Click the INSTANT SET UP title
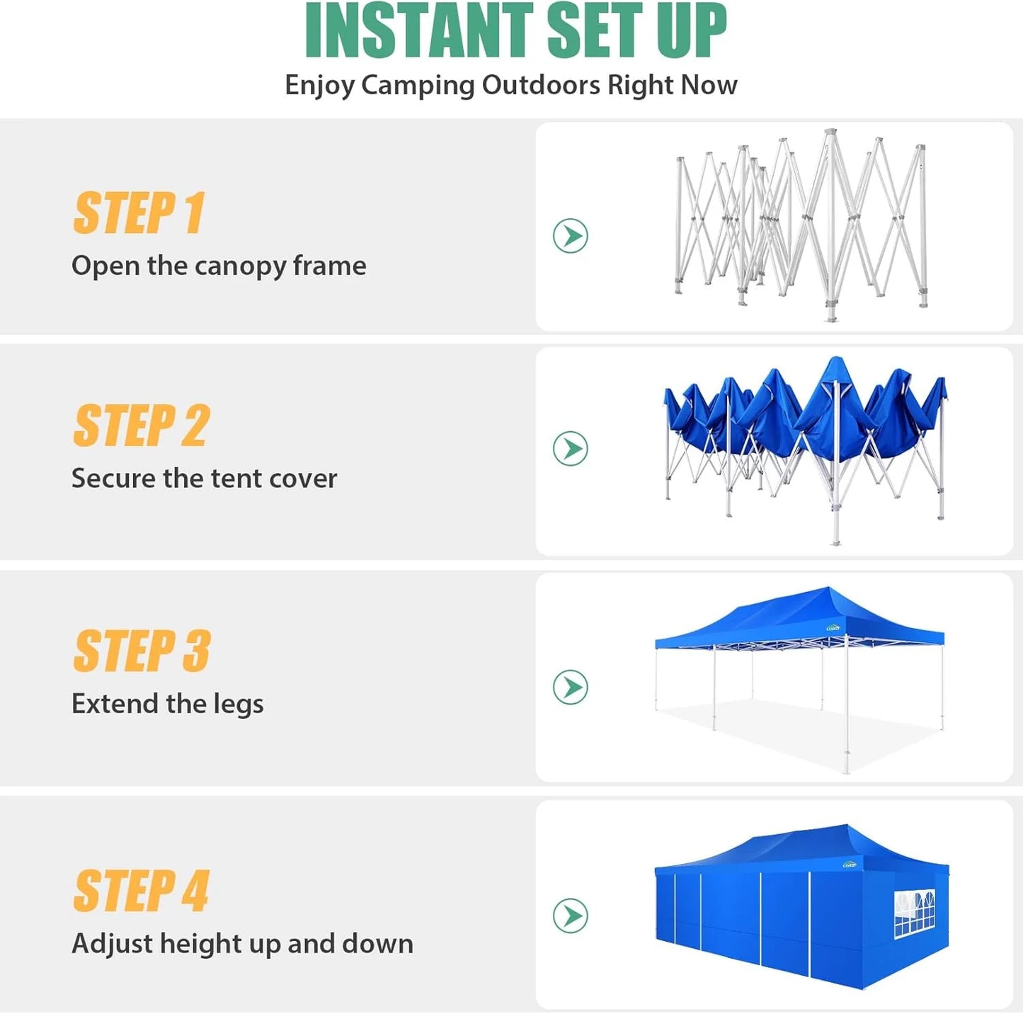click(515, 31)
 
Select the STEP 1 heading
click(139, 212)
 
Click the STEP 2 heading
click(142, 426)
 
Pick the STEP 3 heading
click(142, 651)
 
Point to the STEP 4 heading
click(142, 891)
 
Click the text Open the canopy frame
click(219, 266)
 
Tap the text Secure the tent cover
click(204, 479)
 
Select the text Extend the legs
click(167, 704)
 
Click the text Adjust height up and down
click(242, 944)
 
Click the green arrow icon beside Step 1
click(570, 236)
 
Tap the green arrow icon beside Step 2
click(570, 448)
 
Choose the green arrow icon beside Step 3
click(570, 687)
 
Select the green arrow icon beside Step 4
click(570, 916)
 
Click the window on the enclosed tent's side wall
click(914, 913)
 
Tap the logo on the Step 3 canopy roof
click(833, 627)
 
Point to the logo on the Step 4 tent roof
click(850, 865)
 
